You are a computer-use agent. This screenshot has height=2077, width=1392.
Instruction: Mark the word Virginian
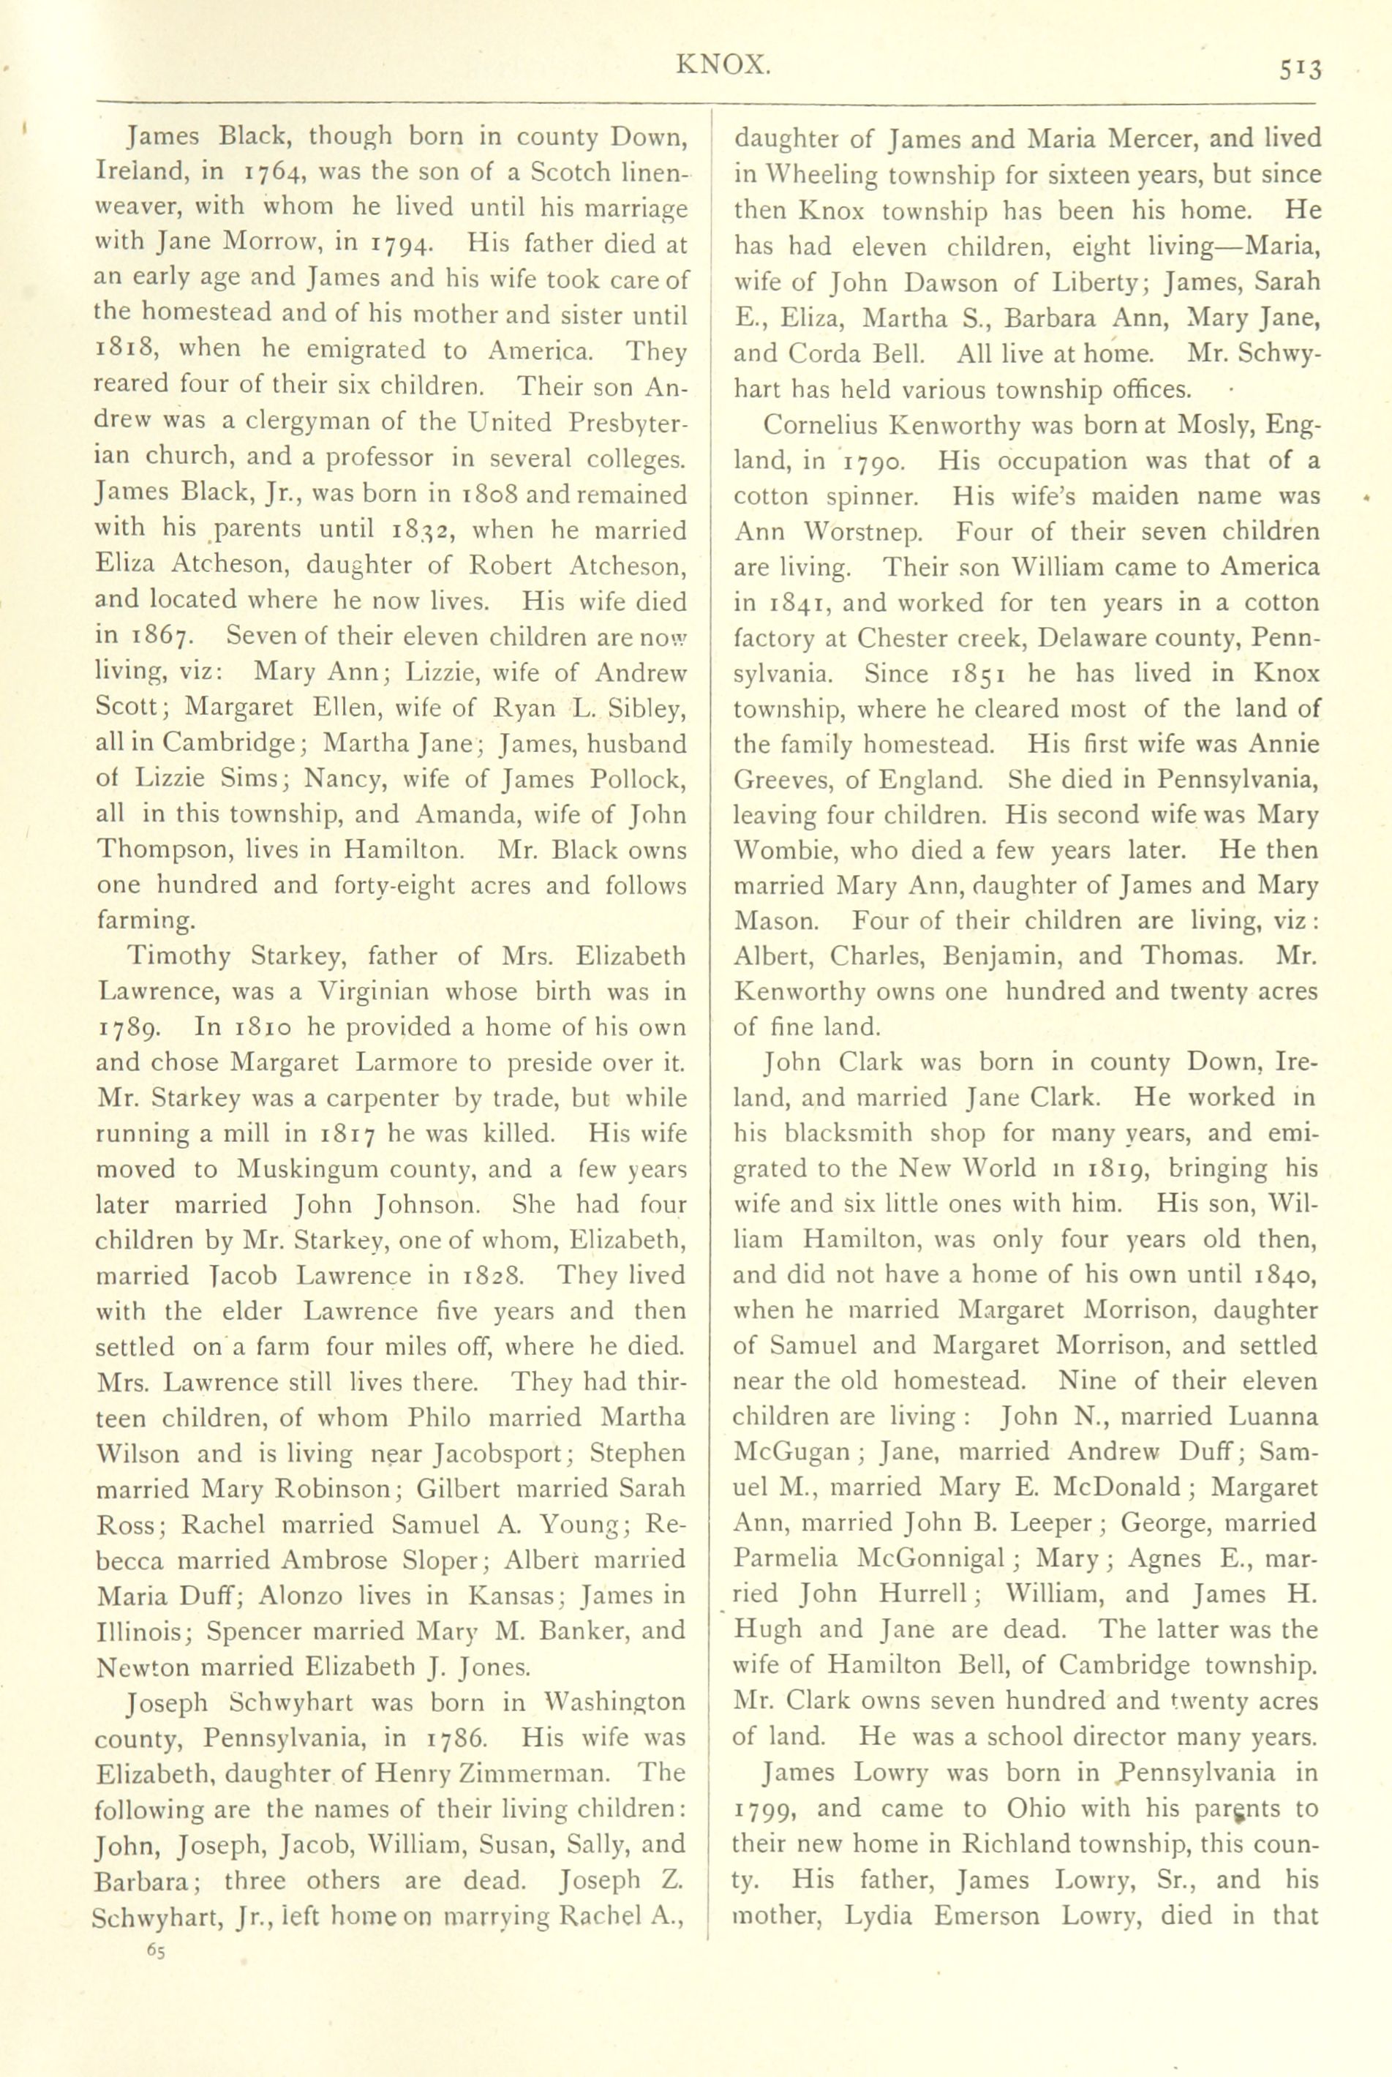[x=386, y=991]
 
